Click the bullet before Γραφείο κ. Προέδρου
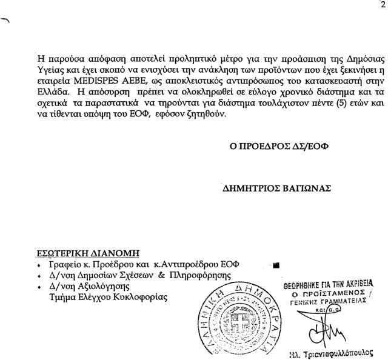click(x=38, y=265)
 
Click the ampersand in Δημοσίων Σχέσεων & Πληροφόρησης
click(x=162, y=275)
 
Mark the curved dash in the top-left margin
click(x=7, y=20)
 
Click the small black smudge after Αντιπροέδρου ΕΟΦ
click(x=276, y=265)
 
